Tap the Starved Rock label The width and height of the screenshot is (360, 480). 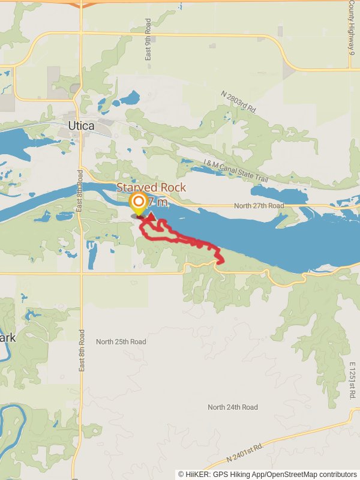click(x=151, y=187)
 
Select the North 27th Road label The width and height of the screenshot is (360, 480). click(x=259, y=206)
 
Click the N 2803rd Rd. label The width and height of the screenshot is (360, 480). click(x=238, y=103)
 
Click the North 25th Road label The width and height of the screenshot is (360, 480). click(x=121, y=341)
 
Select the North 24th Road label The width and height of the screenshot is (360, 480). click(x=233, y=407)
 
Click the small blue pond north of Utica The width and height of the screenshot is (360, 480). click(x=129, y=98)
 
